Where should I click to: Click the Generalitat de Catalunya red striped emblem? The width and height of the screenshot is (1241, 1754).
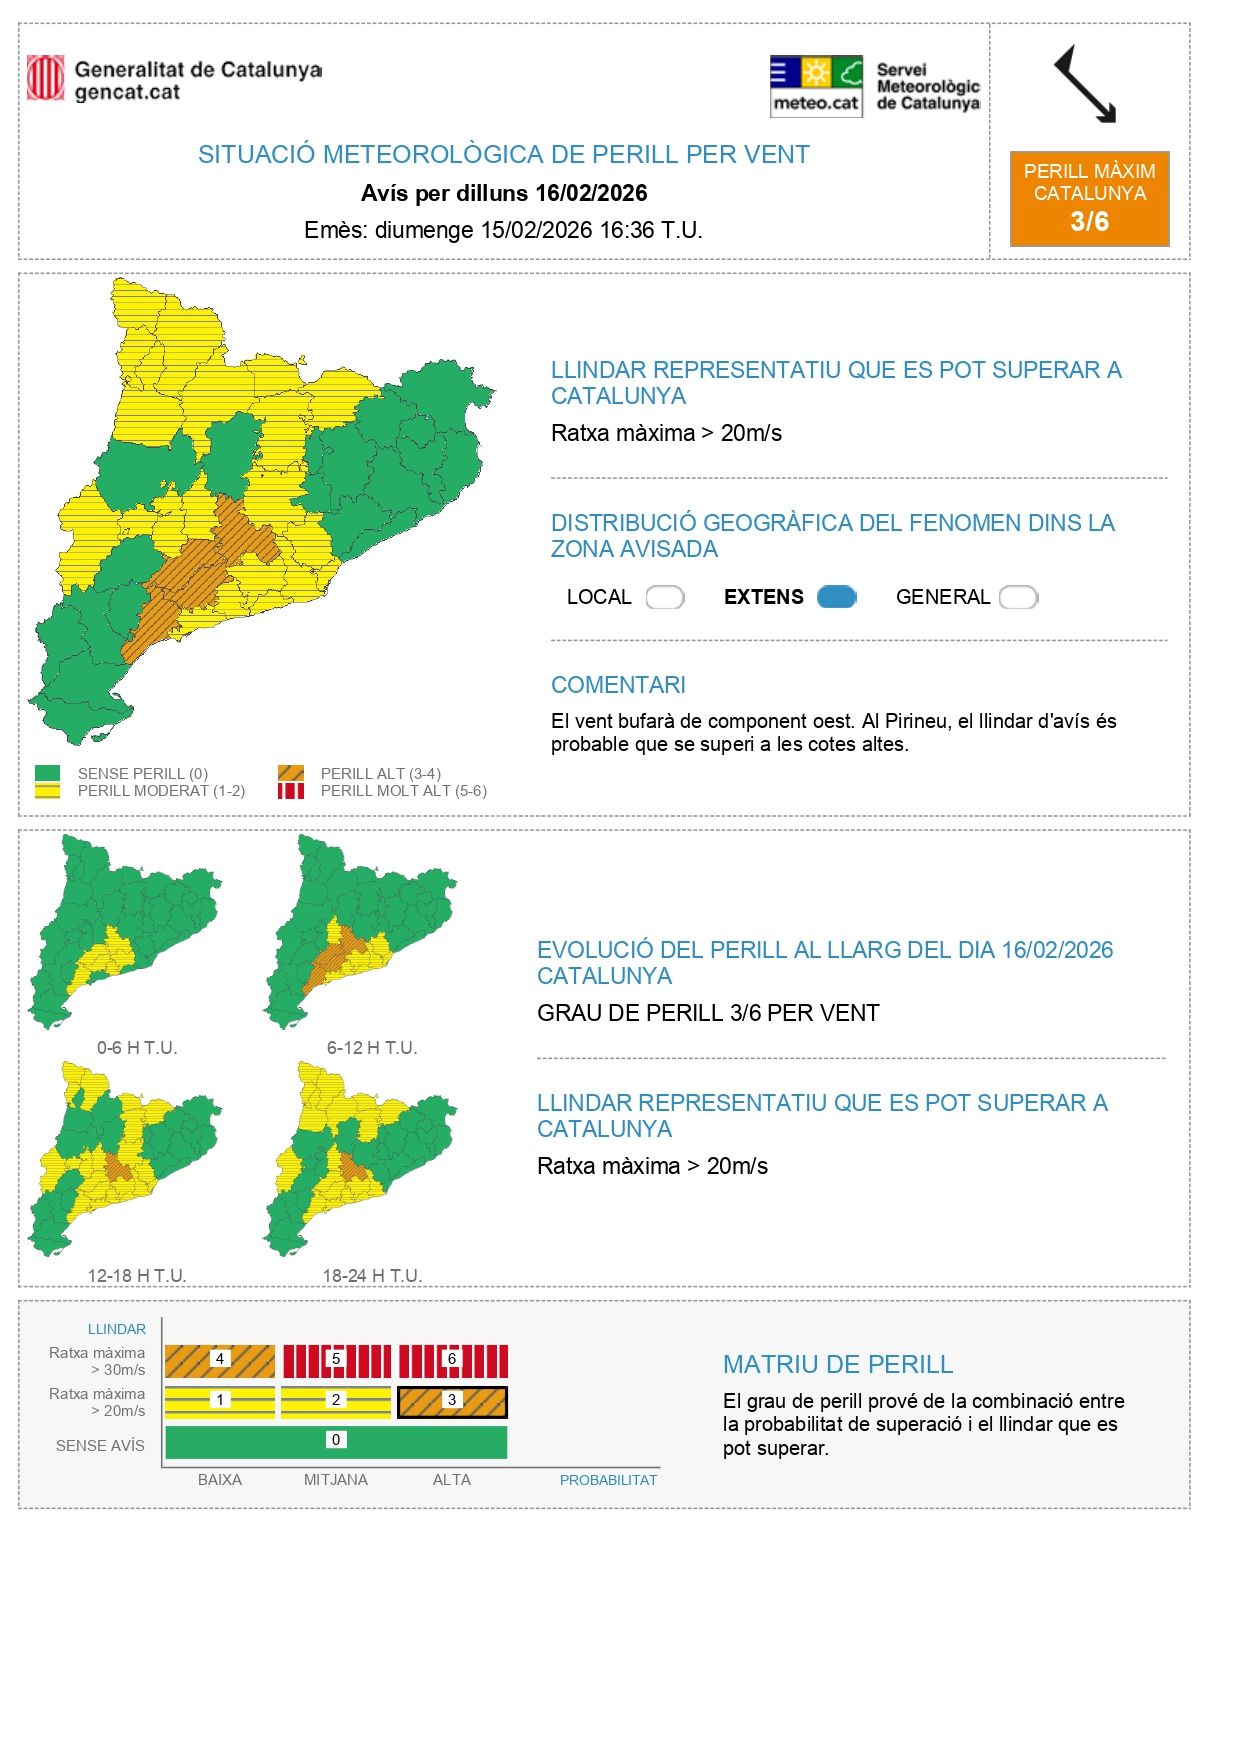[x=45, y=78]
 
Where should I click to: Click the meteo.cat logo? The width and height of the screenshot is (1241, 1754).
[x=816, y=86]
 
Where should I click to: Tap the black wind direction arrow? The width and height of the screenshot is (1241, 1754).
[x=1085, y=85]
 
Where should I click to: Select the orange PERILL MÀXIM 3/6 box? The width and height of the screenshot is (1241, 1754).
[x=1089, y=198]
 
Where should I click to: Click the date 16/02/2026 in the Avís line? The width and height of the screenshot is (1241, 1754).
[x=591, y=193]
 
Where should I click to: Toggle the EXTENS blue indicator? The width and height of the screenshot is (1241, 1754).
[x=836, y=597]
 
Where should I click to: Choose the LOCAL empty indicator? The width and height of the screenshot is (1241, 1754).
[x=664, y=597]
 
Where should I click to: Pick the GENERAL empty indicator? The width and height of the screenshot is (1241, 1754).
[x=1018, y=597]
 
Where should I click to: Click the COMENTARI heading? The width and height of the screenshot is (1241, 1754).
[x=618, y=685]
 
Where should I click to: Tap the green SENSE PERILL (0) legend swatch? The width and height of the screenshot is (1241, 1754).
[x=47, y=773]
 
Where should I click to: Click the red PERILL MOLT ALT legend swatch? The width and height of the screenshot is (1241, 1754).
[x=291, y=791]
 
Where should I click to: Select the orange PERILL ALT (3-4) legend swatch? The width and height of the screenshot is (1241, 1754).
[x=291, y=773]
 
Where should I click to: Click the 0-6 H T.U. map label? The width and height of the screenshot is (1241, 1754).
[x=137, y=1048]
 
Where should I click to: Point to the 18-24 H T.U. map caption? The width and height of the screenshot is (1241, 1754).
[x=372, y=1275]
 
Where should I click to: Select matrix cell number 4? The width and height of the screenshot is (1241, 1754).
[x=220, y=1360]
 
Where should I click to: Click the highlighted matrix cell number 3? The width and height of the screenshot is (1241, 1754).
[x=452, y=1401]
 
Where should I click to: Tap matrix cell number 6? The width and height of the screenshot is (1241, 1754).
[x=452, y=1360]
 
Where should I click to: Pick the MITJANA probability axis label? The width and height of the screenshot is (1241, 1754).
[x=336, y=1480]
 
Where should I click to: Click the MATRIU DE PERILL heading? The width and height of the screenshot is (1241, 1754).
[x=837, y=1364]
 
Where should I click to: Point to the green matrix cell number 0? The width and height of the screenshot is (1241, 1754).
[x=336, y=1441]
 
